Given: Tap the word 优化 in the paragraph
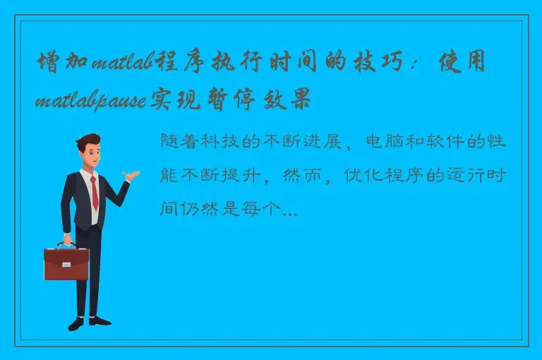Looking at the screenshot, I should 363,175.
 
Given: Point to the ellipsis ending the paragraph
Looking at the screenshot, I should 289,209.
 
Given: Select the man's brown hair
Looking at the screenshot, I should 88,140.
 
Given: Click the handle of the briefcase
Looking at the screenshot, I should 66,244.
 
